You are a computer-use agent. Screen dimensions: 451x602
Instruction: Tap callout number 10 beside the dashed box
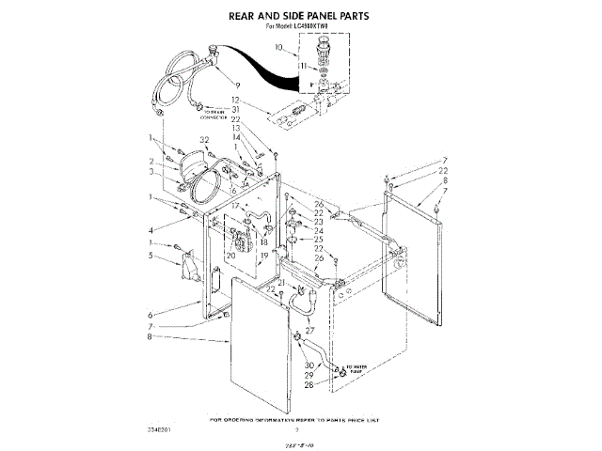(x=278, y=46)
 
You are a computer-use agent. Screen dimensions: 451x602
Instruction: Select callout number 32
(x=203, y=140)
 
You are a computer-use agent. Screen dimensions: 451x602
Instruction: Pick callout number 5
(x=150, y=254)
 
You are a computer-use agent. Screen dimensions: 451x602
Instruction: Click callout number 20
(x=230, y=255)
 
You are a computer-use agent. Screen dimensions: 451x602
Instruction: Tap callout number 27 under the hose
(x=309, y=330)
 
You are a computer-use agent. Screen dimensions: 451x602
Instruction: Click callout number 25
(x=319, y=240)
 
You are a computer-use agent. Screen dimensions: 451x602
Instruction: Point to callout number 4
(x=150, y=230)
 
